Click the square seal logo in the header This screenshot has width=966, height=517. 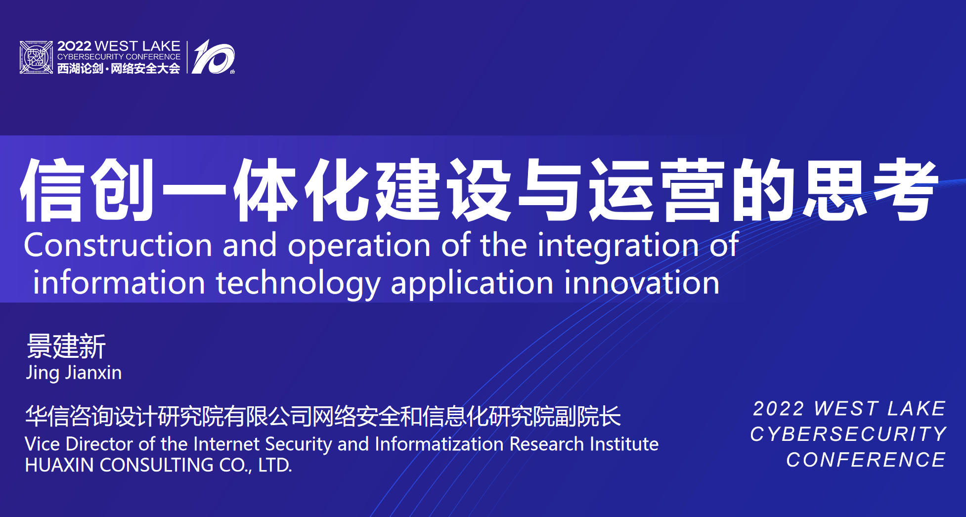click(36, 57)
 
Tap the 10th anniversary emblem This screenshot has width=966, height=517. click(213, 57)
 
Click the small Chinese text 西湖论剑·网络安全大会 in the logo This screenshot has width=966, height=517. click(119, 69)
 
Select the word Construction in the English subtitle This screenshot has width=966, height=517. click(118, 245)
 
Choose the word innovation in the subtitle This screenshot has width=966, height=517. click(642, 283)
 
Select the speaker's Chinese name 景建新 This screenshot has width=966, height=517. click(66, 346)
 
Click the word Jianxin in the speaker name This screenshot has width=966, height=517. click(94, 373)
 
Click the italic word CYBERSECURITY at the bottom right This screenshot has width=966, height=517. click(848, 434)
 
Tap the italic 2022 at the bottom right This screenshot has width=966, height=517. click(779, 409)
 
